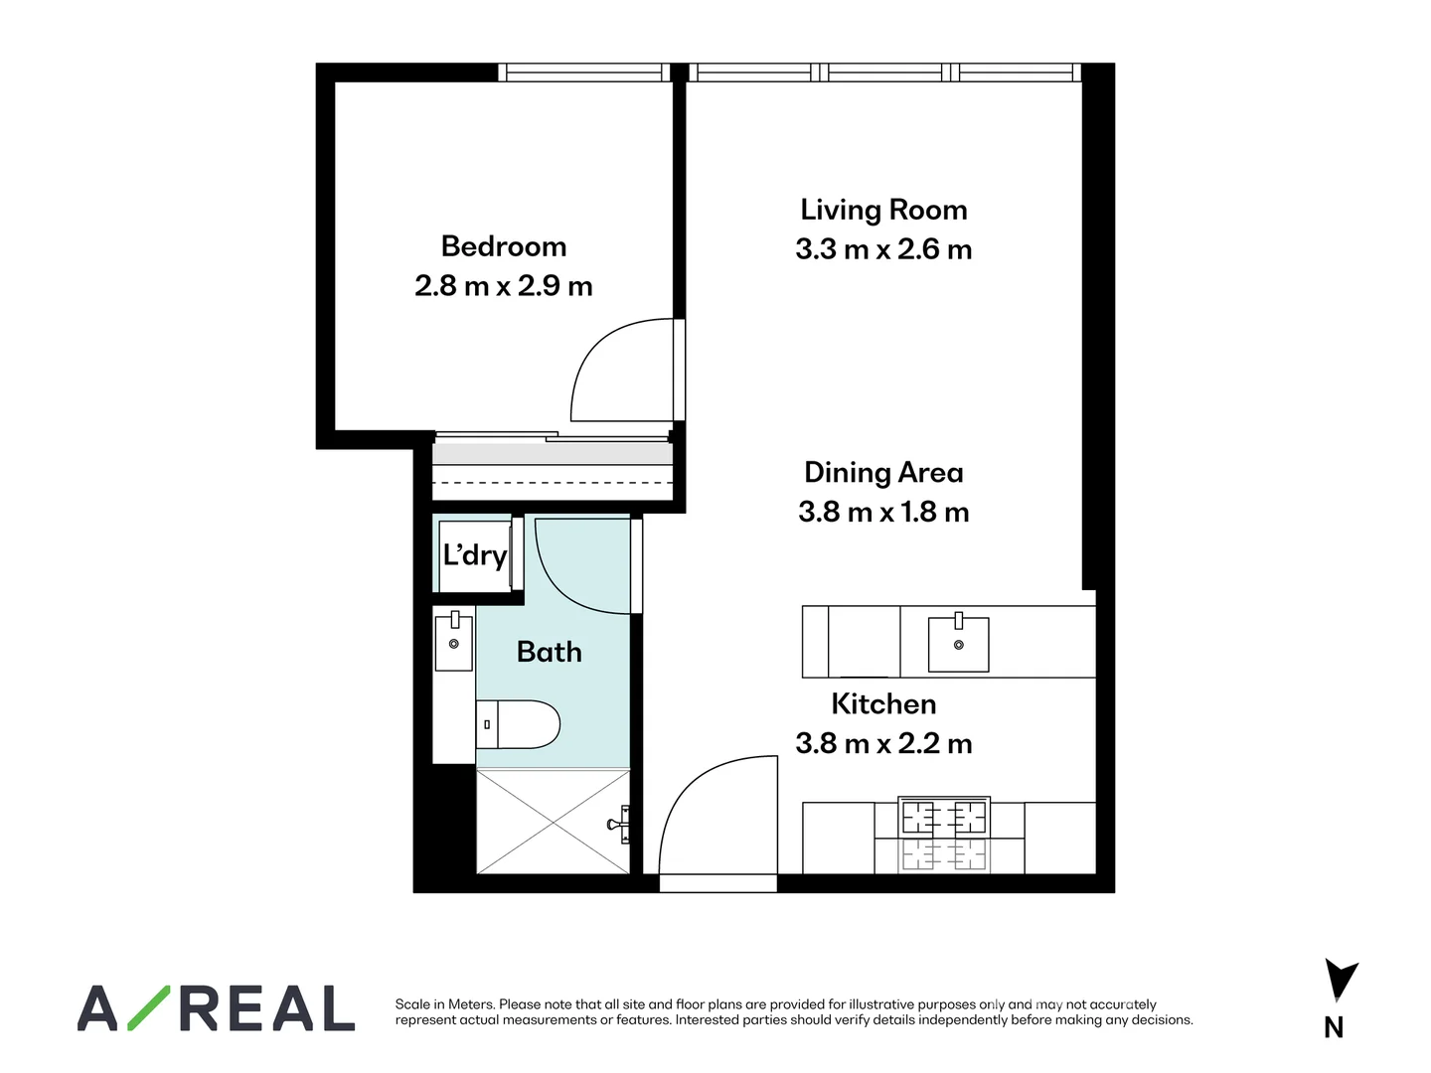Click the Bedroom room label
504,246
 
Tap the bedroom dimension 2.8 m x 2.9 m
504,286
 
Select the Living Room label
883,210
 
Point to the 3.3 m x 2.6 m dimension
883,249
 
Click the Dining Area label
883,472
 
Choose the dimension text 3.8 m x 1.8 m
883,512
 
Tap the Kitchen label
883,703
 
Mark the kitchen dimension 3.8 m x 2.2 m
883,743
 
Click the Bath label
550,652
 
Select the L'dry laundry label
475,554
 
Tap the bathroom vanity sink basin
454,643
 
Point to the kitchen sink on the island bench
958,644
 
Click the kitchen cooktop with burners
944,818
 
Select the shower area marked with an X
553,822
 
